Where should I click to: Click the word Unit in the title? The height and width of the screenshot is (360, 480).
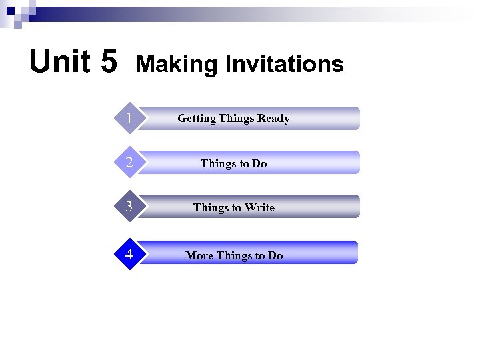59,62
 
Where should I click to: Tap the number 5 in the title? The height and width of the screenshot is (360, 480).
109,62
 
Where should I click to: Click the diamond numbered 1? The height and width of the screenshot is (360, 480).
128,119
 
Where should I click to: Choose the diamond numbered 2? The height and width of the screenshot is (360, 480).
128,163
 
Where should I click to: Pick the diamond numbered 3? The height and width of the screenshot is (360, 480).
128,207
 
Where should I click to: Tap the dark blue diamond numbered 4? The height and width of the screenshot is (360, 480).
128,254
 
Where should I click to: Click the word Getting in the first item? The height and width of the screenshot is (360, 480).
197,119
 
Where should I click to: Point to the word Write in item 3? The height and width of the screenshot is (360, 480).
259,207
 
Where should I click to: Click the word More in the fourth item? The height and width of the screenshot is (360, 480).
199,255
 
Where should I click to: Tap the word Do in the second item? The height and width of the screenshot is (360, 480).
259,163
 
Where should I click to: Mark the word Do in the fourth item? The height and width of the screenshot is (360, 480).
275,255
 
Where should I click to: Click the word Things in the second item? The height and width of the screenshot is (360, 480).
218,163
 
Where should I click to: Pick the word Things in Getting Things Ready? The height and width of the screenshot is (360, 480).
236,119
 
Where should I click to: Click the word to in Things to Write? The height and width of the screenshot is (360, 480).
236,207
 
